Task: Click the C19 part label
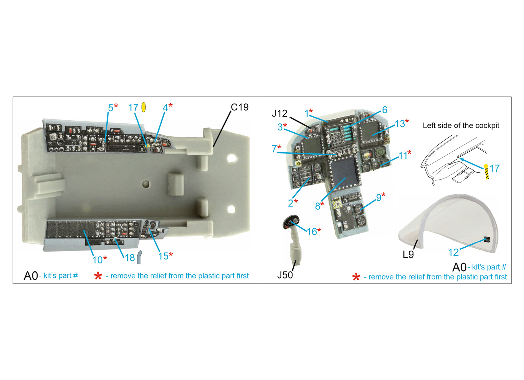[239, 107]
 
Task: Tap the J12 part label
[279, 113]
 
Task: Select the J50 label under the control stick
[285, 275]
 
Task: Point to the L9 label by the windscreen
[408, 254]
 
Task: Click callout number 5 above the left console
[111, 108]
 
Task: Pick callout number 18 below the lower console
[130, 258]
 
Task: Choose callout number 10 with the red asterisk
[97, 260]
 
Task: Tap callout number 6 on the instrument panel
[384, 110]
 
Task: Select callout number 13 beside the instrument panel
[400, 124]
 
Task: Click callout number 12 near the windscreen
[453, 253]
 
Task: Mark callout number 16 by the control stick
[311, 232]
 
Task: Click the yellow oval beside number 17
[144, 107]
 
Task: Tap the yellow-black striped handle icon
[487, 172]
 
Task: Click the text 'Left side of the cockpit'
[461, 126]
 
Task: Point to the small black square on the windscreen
[487, 239]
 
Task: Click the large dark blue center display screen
[344, 170]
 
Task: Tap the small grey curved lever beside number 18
[139, 257]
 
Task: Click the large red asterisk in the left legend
[98, 276]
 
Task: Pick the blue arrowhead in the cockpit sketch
[462, 160]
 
